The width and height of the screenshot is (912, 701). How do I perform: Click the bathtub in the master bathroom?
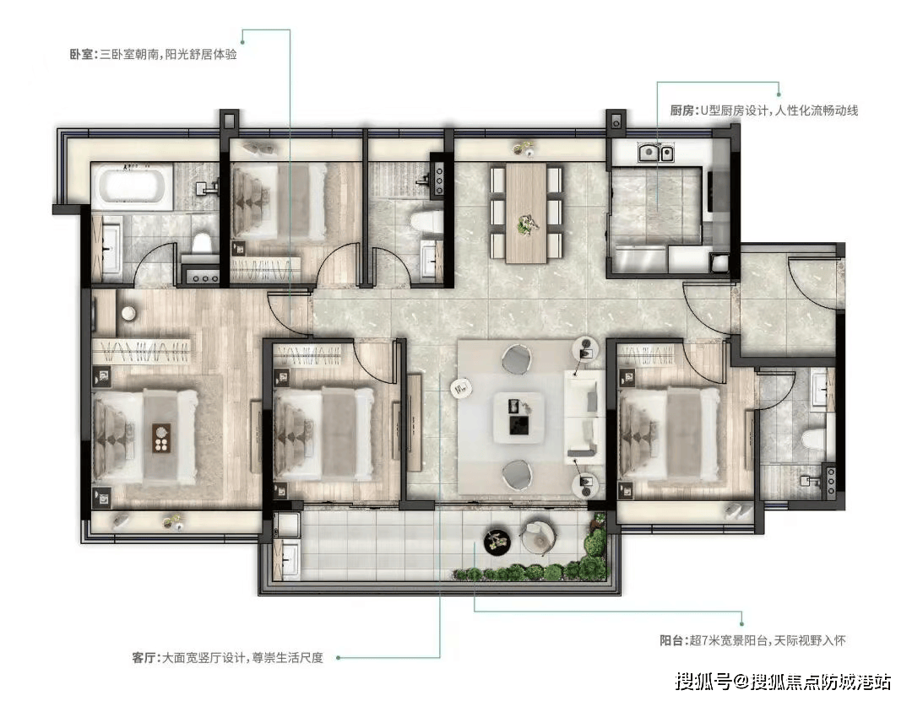pos(133,186)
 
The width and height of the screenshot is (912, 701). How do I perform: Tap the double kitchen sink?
pos(656,153)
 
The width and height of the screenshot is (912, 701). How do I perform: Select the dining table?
pos(526,213)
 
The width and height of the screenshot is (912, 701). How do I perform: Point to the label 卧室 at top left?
pos(81,55)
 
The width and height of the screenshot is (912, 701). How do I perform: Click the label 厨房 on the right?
pos(682,111)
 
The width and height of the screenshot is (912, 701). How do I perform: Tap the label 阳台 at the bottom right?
pos(671,640)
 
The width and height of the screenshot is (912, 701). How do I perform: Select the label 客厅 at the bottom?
pos(144,658)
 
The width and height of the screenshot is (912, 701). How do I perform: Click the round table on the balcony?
pos(497,542)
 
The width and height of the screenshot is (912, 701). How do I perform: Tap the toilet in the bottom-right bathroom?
pos(812,439)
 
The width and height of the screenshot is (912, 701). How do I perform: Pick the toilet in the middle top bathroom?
pos(425,222)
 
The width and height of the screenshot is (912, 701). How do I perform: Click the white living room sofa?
pos(584,414)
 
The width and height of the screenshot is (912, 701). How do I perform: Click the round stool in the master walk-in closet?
pos(128,313)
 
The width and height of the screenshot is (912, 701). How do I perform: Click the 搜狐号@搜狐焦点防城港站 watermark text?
pos(783,682)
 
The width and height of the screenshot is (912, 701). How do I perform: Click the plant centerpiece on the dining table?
pos(526,224)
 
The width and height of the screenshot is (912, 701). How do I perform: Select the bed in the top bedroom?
pos(278,202)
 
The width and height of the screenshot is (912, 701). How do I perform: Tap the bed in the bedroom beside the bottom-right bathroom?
pos(667,434)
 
